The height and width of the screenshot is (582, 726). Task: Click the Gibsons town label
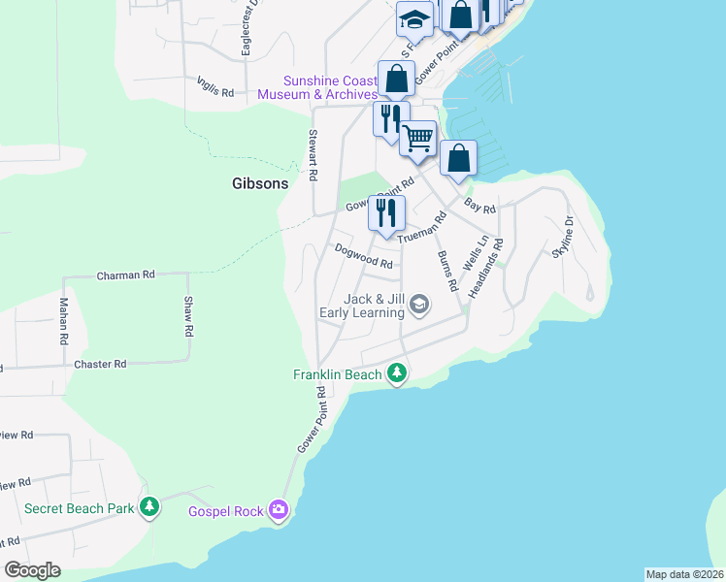click(257, 182)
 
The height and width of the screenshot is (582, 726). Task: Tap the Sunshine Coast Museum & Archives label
click(317, 87)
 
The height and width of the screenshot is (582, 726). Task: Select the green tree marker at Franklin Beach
click(396, 372)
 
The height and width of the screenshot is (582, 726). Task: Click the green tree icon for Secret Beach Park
click(149, 507)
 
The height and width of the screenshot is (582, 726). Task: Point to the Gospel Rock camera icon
click(280, 510)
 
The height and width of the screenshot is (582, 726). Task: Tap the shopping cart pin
click(418, 138)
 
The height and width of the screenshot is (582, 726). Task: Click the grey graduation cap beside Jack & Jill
click(419, 306)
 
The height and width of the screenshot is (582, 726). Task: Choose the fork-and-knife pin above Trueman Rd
click(386, 213)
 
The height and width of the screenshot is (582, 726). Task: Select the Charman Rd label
click(126, 275)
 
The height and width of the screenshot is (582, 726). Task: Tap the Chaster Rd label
click(100, 364)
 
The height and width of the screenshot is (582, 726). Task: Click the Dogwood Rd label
click(363, 256)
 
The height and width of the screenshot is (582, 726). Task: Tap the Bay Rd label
click(479, 207)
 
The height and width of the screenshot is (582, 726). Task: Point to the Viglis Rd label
click(215, 87)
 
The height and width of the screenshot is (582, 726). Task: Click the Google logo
click(32, 570)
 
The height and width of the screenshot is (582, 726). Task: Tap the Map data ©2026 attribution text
click(684, 574)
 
